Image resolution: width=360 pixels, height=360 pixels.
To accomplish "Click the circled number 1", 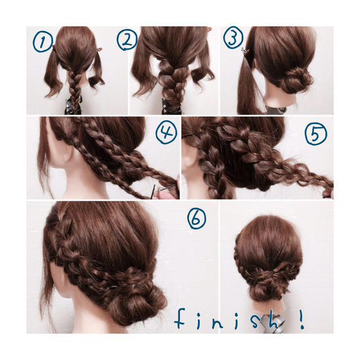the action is (43, 42).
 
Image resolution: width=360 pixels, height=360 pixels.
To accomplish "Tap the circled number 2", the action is (127, 40).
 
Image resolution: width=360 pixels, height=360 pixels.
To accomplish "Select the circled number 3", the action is (233, 38).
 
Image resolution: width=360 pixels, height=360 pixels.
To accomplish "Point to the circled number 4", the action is (166, 132).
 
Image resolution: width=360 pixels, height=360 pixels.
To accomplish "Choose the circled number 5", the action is (316, 134).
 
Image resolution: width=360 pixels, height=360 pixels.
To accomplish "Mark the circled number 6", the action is (196, 219).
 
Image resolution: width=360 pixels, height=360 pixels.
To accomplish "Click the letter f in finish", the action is (180, 318).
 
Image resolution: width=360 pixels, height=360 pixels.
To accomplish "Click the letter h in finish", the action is (275, 319).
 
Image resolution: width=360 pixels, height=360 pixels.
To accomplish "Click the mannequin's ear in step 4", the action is (66, 154).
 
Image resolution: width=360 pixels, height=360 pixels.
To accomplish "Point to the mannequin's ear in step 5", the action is (188, 159).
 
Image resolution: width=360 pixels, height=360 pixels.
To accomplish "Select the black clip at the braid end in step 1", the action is (73, 106).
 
